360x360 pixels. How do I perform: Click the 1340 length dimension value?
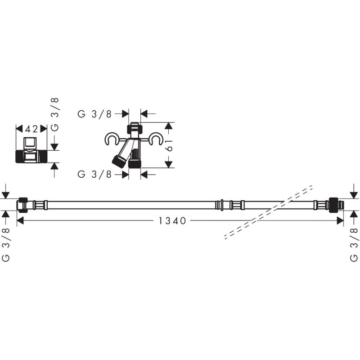(172, 221)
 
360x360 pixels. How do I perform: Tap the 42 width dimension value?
(31, 129)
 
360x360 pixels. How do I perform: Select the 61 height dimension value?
(170, 145)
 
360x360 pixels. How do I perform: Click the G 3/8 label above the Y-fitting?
(94, 114)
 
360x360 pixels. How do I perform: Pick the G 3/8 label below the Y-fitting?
(94, 174)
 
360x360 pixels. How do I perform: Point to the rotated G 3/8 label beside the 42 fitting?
(54, 114)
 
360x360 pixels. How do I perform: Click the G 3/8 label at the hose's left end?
(6, 245)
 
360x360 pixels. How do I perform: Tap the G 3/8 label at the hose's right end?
(354, 245)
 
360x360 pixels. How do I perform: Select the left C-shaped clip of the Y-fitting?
(112, 139)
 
